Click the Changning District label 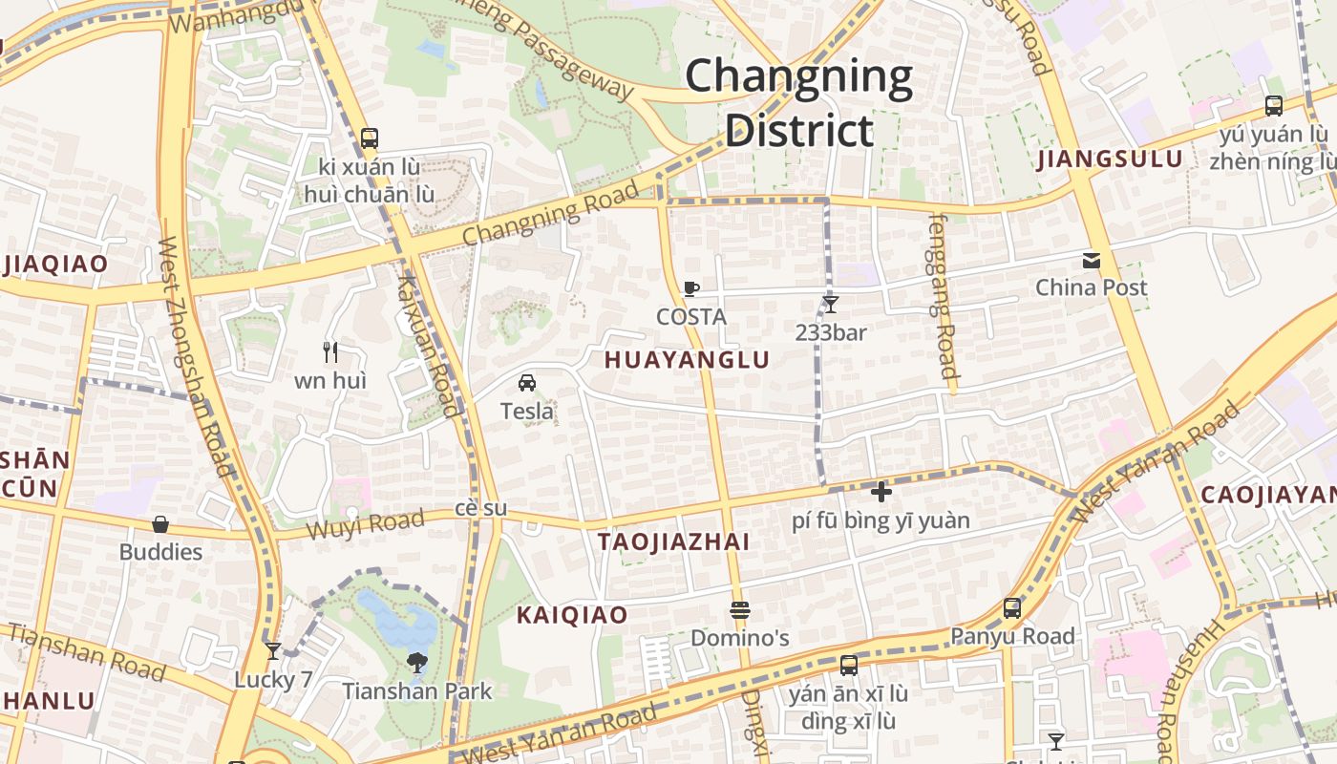point(798,103)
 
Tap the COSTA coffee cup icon point(691,288)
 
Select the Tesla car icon point(526,383)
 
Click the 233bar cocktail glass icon point(831,305)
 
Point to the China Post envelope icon point(1091,260)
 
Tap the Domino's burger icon point(739,609)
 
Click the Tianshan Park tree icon point(416,663)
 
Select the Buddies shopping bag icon point(160,524)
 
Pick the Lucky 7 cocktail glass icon point(273,651)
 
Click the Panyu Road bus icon point(1012,607)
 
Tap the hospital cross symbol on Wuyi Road point(881,492)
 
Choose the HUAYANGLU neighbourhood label point(688,360)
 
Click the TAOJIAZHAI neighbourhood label point(673,541)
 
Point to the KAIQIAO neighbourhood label point(572,615)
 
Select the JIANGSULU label point(1110,159)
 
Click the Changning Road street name point(550,215)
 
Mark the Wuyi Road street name point(365,524)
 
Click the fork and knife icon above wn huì point(330,352)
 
